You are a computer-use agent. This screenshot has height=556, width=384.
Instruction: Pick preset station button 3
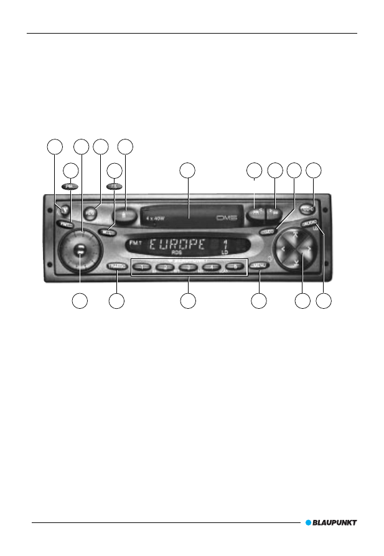(188, 266)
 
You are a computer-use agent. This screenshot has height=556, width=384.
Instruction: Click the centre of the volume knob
(79, 252)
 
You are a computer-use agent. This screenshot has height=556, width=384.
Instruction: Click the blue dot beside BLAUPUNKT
(308, 523)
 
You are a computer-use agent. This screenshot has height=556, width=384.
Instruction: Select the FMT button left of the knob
(64, 223)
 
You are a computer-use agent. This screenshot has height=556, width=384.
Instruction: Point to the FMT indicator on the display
(136, 243)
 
